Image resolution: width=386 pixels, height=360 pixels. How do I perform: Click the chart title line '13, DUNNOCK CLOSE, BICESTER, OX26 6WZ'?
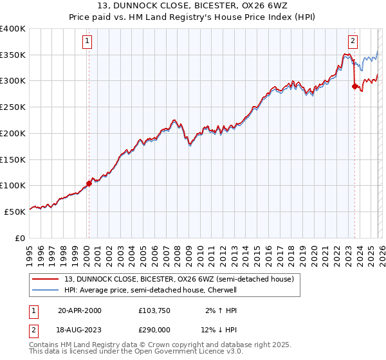[x=193, y=6]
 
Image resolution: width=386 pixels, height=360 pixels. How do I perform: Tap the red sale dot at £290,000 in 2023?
[x=354, y=86]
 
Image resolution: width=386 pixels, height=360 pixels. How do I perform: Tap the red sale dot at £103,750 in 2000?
[x=89, y=183]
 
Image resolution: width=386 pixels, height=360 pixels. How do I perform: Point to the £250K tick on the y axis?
[x=13, y=107]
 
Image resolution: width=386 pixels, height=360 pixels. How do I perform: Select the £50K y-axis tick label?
[x=15, y=212]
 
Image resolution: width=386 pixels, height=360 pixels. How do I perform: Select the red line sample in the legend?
[x=46, y=279]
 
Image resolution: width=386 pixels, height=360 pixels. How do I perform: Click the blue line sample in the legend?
[x=46, y=290]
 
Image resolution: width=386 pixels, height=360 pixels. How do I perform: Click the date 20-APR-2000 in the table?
[x=80, y=310]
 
